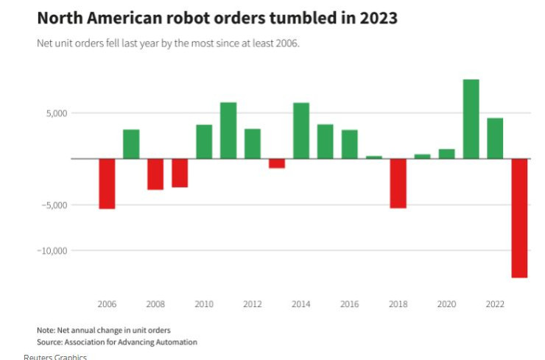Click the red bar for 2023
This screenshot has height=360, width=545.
(x=519, y=218)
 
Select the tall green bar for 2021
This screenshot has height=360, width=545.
(x=471, y=119)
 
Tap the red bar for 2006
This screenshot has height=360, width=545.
(x=107, y=183)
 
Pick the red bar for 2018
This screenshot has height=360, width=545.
(x=398, y=183)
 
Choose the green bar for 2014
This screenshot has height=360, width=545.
(x=300, y=130)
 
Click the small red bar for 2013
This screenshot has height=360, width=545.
(x=277, y=163)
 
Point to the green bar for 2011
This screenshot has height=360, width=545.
(x=228, y=130)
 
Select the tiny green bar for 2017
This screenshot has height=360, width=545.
(x=374, y=157)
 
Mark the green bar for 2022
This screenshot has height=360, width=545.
(x=495, y=138)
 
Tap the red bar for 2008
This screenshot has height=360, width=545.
(x=155, y=174)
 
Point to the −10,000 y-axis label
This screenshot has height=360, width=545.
(x=52, y=251)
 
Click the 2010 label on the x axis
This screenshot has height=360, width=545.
(x=204, y=304)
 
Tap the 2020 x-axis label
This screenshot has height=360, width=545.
(x=446, y=304)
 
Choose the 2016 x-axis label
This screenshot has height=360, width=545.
(x=349, y=304)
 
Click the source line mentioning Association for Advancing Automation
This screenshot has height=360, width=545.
(x=117, y=342)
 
